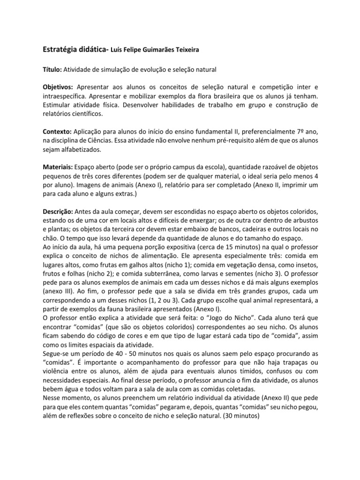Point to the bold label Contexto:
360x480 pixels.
tap(57, 132)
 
